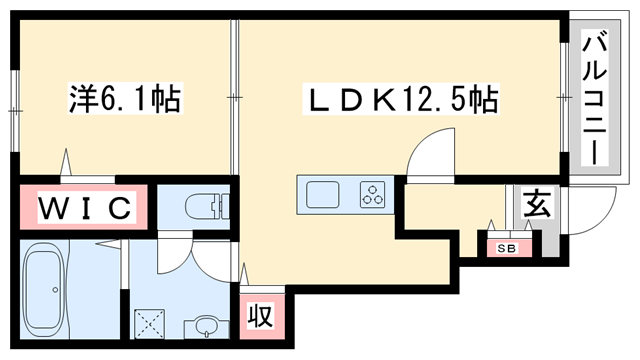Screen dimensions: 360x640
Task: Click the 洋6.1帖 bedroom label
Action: pos(124,99)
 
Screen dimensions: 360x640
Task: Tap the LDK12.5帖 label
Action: pos(401,99)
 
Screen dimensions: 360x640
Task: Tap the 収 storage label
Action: pos(261,318)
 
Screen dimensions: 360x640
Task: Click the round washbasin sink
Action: pos(206,327)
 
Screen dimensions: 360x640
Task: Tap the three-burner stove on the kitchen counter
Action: pos(373,193)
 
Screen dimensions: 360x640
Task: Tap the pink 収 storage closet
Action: pos(261,318)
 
